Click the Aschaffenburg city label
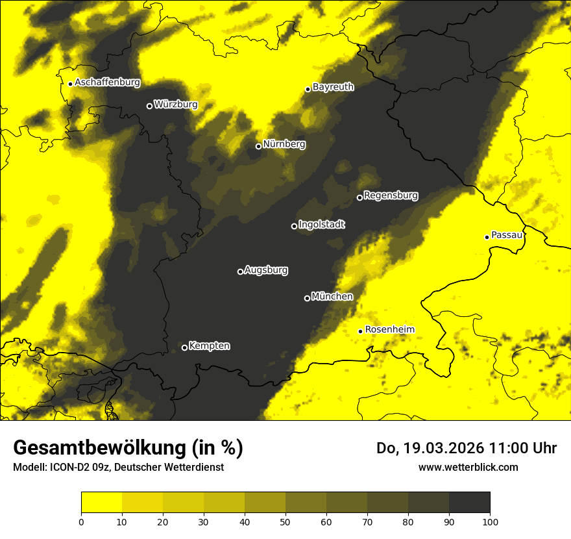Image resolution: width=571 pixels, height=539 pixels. [107, 82]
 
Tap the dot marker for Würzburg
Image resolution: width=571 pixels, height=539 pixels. [149, 106]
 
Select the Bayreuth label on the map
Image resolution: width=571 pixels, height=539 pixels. [333, 87]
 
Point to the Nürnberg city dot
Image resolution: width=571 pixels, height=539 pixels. [258, 146]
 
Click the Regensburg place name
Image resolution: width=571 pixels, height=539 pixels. [391, 195]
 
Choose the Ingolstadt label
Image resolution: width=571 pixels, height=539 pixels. [322, 225]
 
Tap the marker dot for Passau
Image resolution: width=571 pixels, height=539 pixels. [487, 237]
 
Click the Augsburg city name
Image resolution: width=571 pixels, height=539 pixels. [266, 270]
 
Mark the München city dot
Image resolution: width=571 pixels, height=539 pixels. [307, 298]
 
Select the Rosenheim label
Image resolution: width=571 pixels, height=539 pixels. [389, 330]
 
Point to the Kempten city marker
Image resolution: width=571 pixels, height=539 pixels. [184, 347]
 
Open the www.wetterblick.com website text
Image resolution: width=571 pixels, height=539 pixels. [468, 468]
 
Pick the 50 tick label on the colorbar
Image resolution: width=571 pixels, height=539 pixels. [285, 521]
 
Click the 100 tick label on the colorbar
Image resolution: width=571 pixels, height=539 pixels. [490, 521]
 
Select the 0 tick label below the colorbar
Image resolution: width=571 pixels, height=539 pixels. [81, 521]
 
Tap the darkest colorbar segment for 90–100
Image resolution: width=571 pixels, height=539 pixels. [469, 503]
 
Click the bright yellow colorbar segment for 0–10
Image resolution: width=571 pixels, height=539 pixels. [101, 503]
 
